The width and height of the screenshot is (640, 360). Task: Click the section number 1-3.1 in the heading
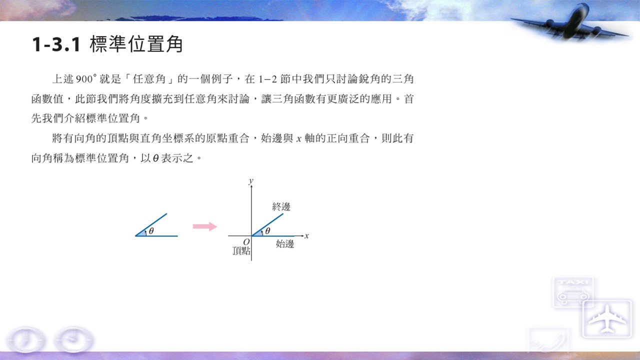56,44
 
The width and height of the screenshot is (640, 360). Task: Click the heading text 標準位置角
136,44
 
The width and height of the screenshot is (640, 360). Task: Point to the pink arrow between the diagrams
205,226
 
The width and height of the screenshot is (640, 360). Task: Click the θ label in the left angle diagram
151,231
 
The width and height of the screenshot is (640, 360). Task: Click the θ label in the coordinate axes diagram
267,231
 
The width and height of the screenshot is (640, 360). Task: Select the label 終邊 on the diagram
281,207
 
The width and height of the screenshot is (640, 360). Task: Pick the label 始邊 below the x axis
285,244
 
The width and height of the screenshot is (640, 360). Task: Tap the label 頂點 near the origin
241,251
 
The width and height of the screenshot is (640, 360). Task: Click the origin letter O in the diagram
246,242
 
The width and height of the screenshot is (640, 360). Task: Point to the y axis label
251,181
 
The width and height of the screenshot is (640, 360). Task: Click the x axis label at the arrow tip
306,236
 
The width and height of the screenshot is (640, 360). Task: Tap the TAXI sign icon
573,291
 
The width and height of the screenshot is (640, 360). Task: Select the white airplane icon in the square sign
607,318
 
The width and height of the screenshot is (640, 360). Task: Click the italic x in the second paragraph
299,139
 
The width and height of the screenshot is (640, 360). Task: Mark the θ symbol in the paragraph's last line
155,158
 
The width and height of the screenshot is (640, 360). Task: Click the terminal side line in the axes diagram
267,224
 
